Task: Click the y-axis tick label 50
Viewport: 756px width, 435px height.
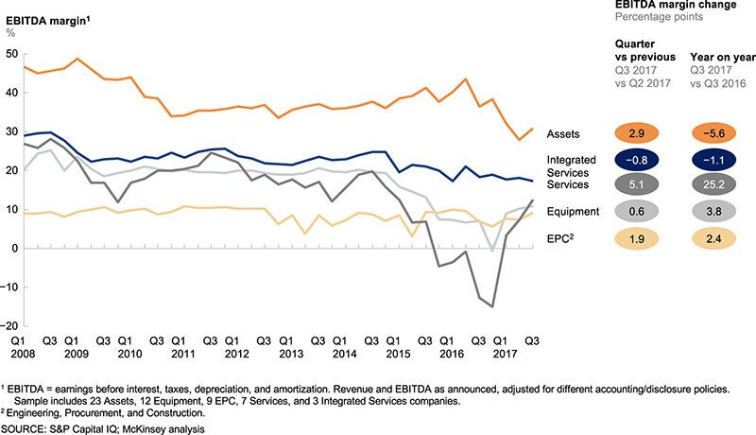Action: [x=10, y=54]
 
